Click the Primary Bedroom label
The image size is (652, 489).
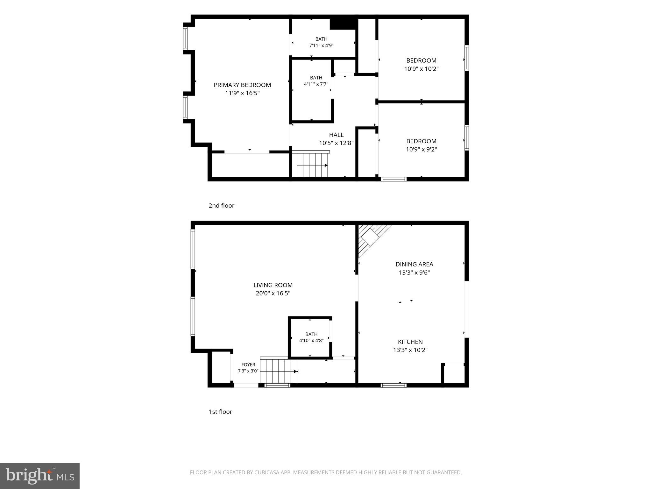pyautogui.click(x=242, y=85)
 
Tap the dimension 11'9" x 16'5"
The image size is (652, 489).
pyautogui.click(x=242, y=93)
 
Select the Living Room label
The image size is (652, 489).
pyautogui.click(x=273, y=285)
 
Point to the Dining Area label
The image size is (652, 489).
pyautogui.click(x=414, y=264)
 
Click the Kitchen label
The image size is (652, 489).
pyautogui.click(x=410, y=342)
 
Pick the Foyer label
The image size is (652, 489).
pyautogui.click(x=248, y=365)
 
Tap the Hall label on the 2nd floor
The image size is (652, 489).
pyautogui.click(x=337, y=135)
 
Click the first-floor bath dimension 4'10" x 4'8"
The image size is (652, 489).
pyautogui.click(x=311, y=340)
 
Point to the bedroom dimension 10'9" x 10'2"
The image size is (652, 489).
pyautogui.click(x=422, y=69)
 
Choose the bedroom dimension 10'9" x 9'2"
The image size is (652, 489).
pyautogui.click(x=422, y=149)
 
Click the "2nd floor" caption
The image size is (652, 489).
pyautogui.click(x=222, y=206)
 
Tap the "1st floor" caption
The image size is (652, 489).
pyautogui.click(x=221, y=412)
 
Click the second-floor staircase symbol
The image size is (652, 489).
pyautogui.click(x=311, y=164)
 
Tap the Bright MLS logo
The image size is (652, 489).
pyautogui.click(x=40, y=476)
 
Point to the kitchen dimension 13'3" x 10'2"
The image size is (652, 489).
pyautogui.click(x=410, y=350)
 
